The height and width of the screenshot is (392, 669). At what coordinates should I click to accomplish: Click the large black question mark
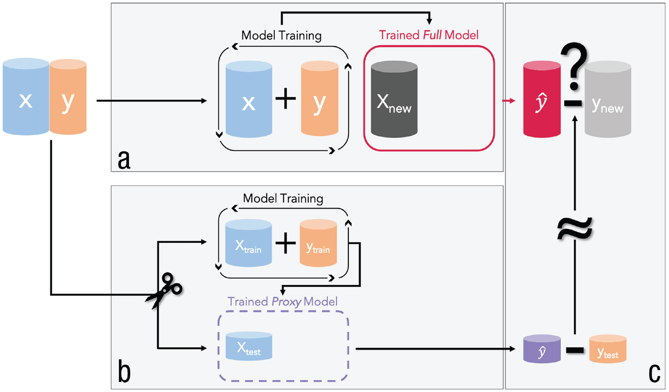[575, 66]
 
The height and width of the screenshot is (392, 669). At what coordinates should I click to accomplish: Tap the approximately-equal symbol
[575, 229]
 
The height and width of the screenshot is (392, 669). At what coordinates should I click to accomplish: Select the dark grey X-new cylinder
[394, 99]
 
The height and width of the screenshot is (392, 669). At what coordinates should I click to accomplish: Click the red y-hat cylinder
[542, 99]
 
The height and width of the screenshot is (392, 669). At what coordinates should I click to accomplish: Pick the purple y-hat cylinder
[542, 349]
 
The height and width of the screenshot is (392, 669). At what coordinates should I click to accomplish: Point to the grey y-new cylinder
[608, 99]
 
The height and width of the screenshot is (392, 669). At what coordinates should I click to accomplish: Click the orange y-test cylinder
[608, 349]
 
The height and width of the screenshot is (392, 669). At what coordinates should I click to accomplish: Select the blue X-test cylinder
[249, 346]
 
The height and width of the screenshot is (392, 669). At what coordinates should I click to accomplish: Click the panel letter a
[124, 159]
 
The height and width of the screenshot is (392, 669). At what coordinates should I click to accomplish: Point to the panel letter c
[654, 373]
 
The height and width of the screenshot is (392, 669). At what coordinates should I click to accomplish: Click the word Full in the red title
[432, 35]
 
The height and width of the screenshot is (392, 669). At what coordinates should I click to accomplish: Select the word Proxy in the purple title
[286, 302]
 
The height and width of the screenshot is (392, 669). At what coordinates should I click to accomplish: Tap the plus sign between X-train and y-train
[285, 243]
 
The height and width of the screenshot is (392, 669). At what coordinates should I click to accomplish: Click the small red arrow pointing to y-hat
[509, 100]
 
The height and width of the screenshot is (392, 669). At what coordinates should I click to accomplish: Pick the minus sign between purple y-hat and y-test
[575, 350]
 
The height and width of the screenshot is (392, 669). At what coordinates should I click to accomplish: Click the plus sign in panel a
[286, 98]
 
